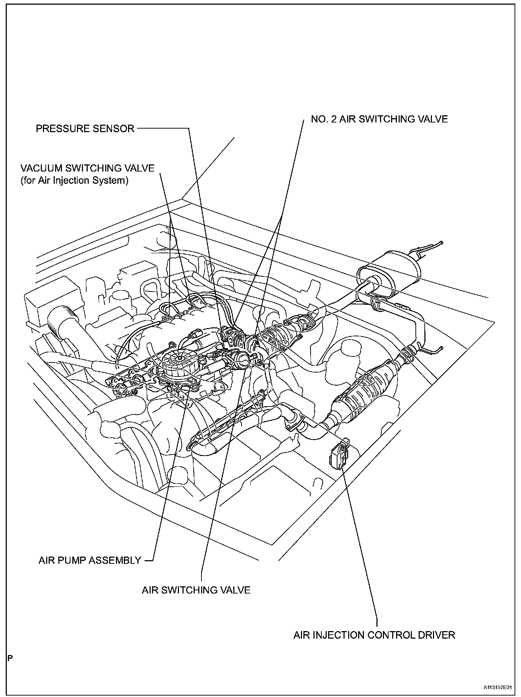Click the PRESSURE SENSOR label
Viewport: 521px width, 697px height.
(85, 129)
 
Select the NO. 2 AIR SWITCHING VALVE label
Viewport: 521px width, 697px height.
(379, 119)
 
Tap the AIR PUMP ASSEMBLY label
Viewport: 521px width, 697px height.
(90, 561)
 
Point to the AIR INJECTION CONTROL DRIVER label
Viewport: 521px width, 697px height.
(374, 635)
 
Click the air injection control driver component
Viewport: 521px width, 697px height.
(338, 454)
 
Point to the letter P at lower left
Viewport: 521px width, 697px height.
(10, 658)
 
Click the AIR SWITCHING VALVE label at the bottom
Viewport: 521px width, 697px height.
(196, 590)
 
